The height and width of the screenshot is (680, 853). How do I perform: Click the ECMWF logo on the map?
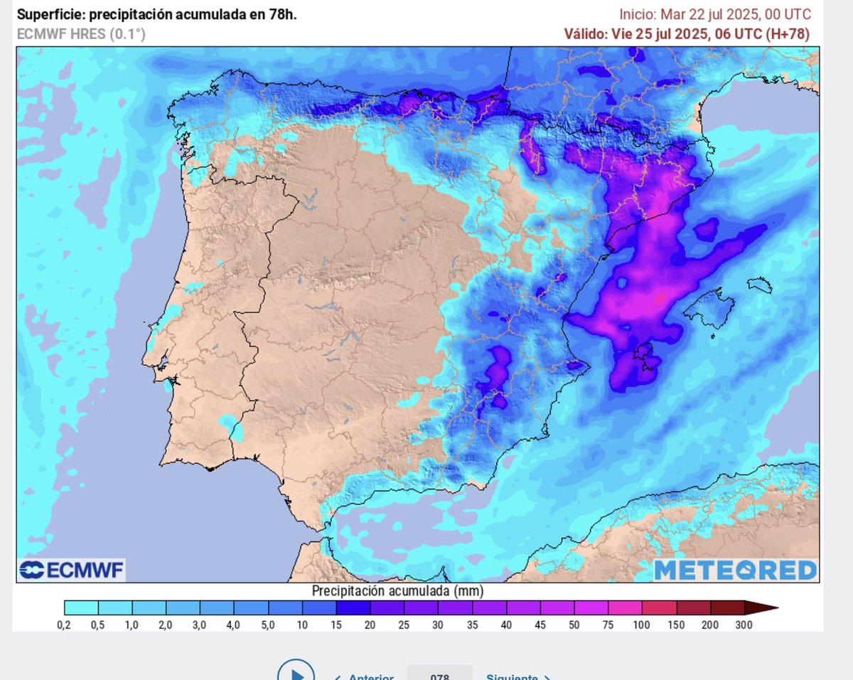[x=71, y=570]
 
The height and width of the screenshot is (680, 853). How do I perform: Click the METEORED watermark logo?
[x=735, y=570]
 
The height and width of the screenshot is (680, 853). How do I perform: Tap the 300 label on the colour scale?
[x=744, y=625]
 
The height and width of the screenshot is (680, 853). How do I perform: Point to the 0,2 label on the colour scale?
[x=65, y=625]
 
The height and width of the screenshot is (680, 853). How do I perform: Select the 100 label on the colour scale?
[x=642, y=625]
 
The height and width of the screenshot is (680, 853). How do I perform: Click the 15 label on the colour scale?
[x=337, y=625]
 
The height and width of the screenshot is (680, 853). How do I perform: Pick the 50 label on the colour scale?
[x=574, y=625]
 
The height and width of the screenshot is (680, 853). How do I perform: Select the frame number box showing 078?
[x=439, y=674]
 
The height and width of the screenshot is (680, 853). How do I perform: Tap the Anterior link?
[x=365, y=676]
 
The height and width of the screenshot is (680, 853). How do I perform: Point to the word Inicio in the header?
[x=637, y=14]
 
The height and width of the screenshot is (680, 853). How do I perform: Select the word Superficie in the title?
[x=47, y=14]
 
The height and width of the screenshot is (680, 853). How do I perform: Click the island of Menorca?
[x=760, y=285]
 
